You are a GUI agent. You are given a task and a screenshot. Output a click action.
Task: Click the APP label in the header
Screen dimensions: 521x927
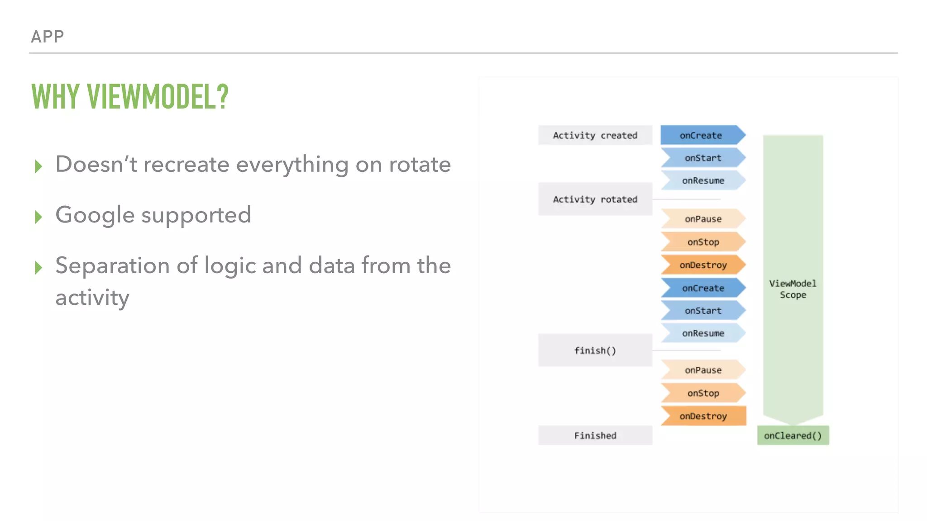click(47, 36)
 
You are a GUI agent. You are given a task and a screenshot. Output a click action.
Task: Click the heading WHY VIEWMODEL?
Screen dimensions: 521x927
click(130, 97)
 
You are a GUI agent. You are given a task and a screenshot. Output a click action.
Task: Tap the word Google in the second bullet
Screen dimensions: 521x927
click(95, 215)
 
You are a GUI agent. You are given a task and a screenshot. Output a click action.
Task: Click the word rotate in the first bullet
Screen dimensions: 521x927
click(420, 164)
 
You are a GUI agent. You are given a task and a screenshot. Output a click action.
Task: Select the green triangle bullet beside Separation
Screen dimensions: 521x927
click(38, 267)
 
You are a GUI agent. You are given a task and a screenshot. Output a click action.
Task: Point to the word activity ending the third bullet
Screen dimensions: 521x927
click(92, 298)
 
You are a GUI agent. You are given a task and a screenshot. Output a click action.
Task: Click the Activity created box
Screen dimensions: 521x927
click(595, 135)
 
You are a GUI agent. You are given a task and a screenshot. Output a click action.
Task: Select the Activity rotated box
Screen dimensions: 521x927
click(595, 199)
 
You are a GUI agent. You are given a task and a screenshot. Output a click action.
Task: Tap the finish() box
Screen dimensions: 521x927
click(595, 350)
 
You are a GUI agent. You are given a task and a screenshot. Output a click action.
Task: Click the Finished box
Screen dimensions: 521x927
click(595, 435)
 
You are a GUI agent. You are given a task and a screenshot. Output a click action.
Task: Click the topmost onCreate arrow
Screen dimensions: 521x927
click(702, 135)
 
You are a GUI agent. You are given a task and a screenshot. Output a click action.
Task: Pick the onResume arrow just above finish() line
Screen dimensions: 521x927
click(703, 333)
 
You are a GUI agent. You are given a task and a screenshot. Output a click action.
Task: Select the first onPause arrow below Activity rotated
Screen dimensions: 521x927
click(703, 219)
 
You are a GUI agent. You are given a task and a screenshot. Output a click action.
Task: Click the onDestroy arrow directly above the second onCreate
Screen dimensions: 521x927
click(703, 265)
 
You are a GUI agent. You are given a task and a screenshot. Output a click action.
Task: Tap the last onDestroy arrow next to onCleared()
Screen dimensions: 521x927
click(703, 416)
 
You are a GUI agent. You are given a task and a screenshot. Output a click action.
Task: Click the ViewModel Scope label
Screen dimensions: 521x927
click(793, 289)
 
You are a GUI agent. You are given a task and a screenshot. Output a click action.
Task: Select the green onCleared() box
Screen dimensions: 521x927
click(793, 435)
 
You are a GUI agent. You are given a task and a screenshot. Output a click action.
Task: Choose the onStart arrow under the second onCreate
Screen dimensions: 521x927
click(703, 311)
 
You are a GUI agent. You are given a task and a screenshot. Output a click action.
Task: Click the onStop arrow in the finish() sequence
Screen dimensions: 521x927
click(703, 393)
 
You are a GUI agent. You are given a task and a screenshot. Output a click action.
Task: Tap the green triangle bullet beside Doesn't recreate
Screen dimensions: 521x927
click(38, 166)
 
